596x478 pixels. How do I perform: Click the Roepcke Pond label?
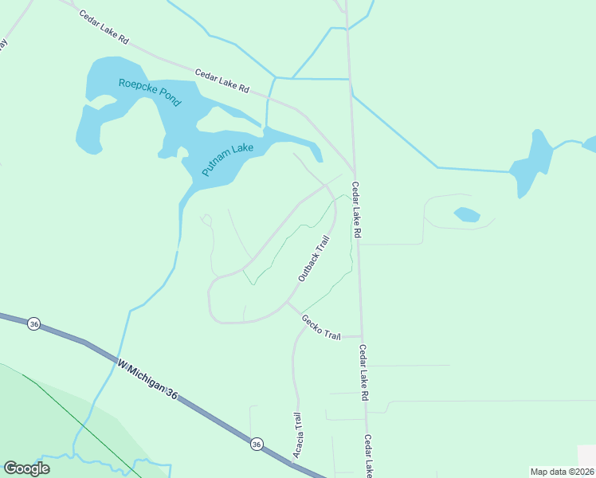[x=150, y=92]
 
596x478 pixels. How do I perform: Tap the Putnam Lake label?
[x=227, y=160]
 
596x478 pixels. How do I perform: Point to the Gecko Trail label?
[x=320, y=327]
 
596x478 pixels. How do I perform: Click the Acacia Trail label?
[x=296, y=435]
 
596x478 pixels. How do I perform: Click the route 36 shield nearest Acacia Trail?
[x=256, y=443]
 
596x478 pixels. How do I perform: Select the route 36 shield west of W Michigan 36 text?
[x=33, y=324]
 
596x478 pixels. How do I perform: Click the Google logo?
[x=26, y=468]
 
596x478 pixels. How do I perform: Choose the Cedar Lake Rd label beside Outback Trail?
[x=357, y=210]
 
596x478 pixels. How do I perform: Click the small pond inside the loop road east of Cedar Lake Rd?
[x=466, y=214]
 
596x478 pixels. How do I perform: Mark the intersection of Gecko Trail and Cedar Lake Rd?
[x=363, y=337]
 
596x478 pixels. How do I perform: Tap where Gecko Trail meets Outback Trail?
[x=287, y=304]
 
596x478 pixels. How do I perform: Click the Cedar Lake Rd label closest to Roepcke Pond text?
[x=222, y=80]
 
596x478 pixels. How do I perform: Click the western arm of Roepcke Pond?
[x=89, y=127]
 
